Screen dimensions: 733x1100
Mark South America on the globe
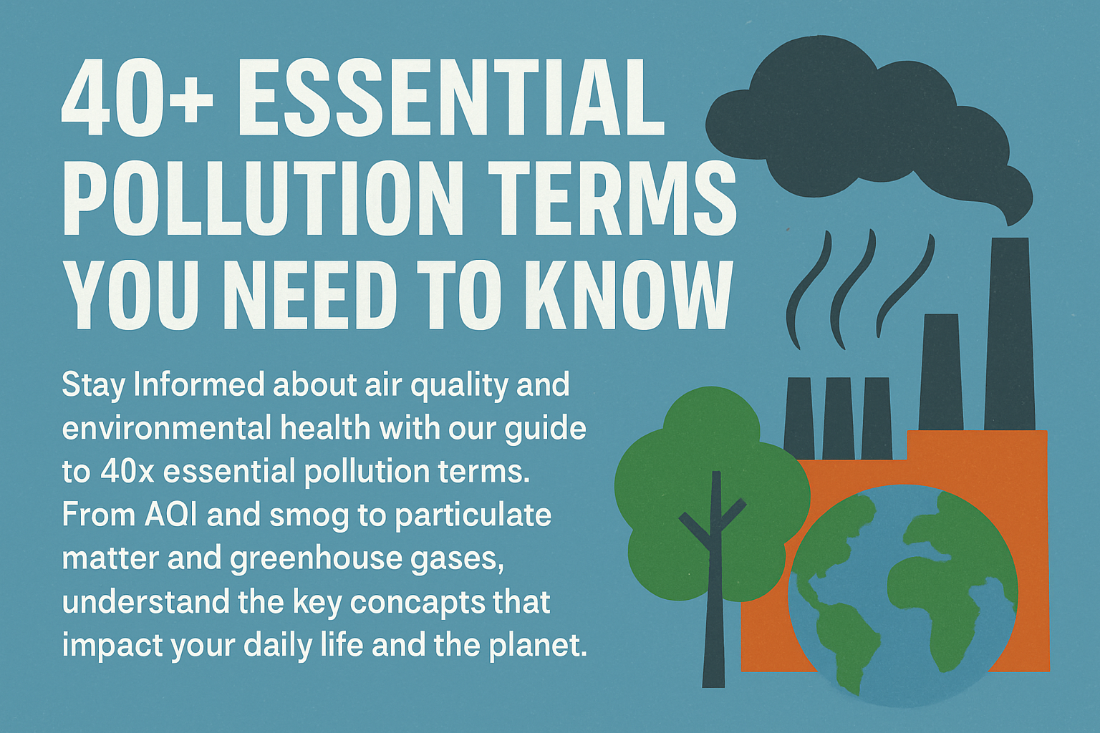click(x=845, y=630)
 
